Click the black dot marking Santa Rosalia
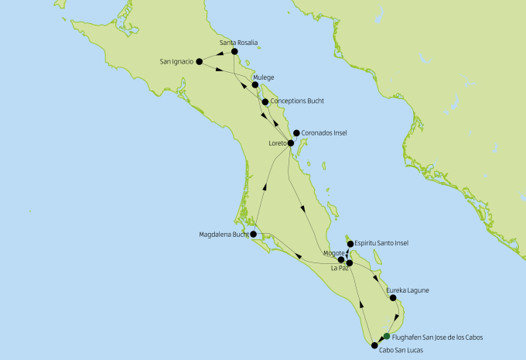point(234,52)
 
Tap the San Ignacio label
point(176,61)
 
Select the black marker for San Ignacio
point(199,61)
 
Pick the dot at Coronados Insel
point(295,132)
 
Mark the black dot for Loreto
point(291,143)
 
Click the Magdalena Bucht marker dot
point(253,233)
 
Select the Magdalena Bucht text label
point(224,234)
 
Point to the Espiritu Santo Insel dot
point(351,244)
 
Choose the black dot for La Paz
point(350,263)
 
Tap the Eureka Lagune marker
point(393,298)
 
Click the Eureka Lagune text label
point(407,290)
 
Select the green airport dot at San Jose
point(387,336)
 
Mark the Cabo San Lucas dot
point(374,346)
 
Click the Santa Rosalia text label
point(238,42)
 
